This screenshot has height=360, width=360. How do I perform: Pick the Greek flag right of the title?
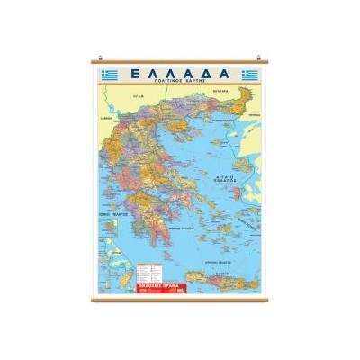coord(251,74)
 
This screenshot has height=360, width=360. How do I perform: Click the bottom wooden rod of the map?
coord(180,298)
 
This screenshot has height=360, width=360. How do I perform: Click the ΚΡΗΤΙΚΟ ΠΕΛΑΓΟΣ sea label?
coord(216,258)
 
